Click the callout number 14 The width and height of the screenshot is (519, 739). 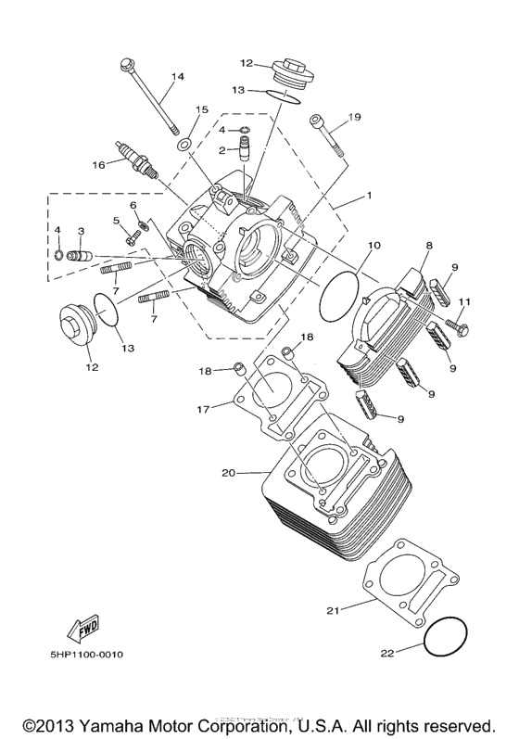point(178,76)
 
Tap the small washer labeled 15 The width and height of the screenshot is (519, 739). point(184,144)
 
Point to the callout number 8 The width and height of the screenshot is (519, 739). point(429,246)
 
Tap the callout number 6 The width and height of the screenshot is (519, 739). point(133,204)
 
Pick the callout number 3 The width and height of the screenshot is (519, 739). point(82,231)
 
